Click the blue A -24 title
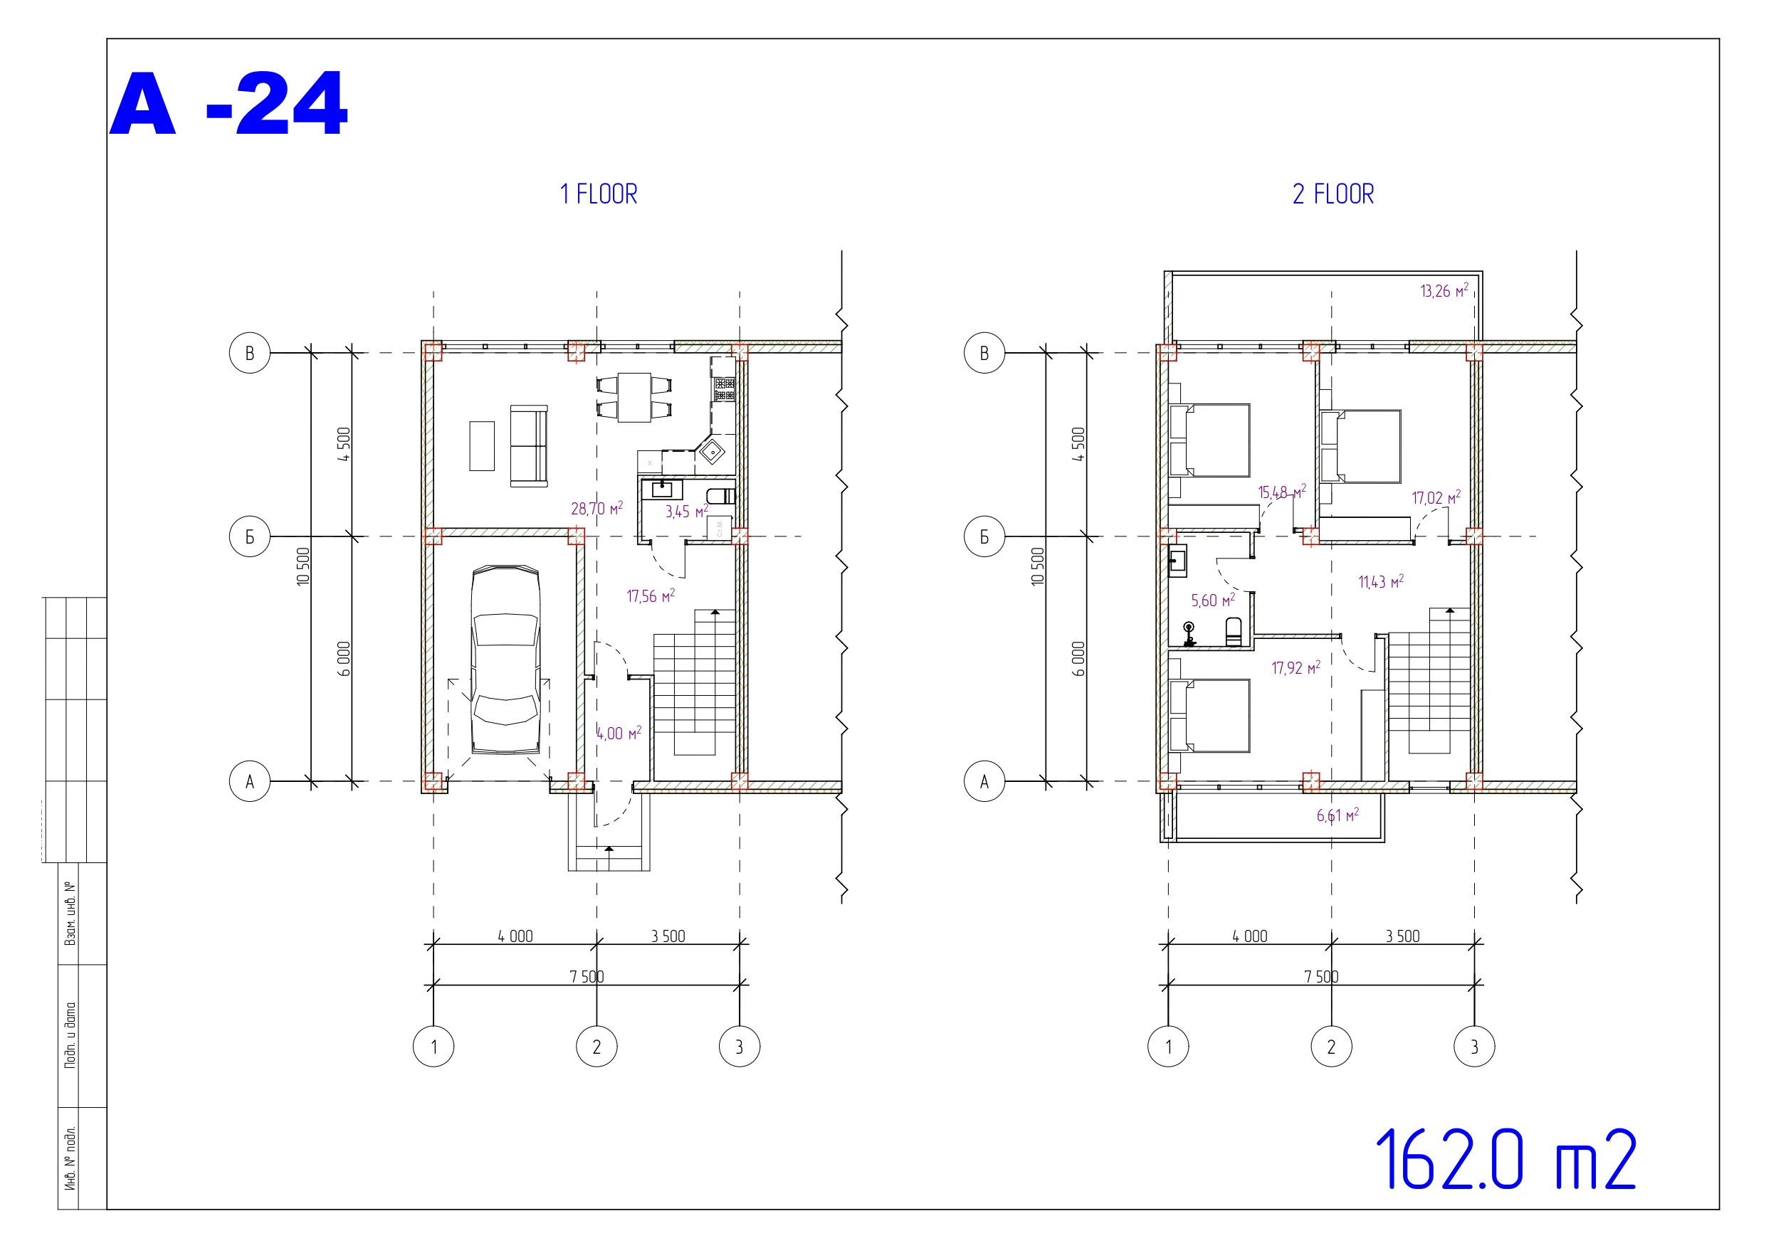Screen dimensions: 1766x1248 point(228,104)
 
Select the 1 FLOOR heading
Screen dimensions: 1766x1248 point(599,194)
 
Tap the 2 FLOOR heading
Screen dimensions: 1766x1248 point(1333,194)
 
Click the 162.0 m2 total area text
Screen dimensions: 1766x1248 point(1505,1160)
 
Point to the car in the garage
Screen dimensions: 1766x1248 point(505,660)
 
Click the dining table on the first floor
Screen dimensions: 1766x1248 point(634,397)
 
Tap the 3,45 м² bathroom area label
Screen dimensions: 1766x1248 point(686,512)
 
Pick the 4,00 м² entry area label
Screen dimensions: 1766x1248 point(619,733)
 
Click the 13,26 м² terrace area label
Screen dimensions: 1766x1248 point(1444,291)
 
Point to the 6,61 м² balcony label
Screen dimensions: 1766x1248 point(1337,815)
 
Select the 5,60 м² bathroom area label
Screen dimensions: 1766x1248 point(1213,600)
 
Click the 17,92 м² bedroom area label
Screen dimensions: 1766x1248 point(1296,667)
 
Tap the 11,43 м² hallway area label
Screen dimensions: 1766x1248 point(1381,581)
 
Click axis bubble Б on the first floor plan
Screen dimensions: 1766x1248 point(250,536)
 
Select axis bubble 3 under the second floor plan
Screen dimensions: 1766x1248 point(1473,1046)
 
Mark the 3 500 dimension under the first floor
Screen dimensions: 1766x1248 point(668,936)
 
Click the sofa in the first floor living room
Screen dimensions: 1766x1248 point(529,446)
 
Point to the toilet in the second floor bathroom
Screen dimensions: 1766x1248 point(1233,631)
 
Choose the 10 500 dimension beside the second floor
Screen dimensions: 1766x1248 point(1038,566)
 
